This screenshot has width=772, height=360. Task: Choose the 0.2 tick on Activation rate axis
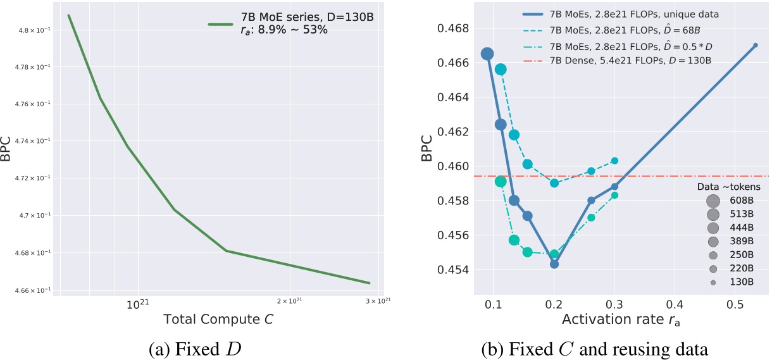554,305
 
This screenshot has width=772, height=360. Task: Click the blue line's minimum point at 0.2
554,264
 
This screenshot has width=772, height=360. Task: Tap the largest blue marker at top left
487,54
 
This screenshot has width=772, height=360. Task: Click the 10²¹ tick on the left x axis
137,304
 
